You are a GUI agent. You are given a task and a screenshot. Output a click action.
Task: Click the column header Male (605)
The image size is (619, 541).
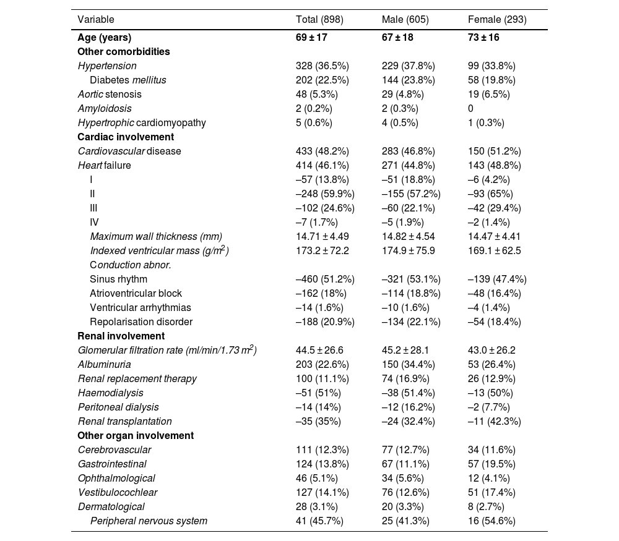click(405, 19)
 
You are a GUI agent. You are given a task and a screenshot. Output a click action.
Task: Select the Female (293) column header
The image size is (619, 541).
click(497, 19)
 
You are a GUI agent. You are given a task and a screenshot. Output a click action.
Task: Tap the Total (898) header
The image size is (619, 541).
click(319, 19)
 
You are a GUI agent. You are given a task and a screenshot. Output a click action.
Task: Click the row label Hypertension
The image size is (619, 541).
click(107, 66)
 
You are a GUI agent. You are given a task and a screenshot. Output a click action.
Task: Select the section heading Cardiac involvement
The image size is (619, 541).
click(126, 137)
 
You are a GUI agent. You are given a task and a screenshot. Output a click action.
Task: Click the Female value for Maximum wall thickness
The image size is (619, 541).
click(495, 236)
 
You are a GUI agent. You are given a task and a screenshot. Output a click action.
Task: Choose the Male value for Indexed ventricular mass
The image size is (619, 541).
click(409, 250)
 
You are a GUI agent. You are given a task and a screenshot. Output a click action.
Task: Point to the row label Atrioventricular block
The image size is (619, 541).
click(136, 293)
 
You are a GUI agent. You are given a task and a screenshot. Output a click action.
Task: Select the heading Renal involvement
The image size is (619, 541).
click(121, 336)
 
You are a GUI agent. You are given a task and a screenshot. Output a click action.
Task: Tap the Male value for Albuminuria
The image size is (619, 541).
click(409, 364)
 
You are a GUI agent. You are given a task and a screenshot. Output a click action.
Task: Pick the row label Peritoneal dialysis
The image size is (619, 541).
click(118, 407)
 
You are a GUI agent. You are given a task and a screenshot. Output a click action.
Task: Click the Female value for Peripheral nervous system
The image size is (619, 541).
click(491, 521)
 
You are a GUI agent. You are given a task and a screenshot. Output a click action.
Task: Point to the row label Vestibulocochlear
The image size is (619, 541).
click(118, 492)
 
